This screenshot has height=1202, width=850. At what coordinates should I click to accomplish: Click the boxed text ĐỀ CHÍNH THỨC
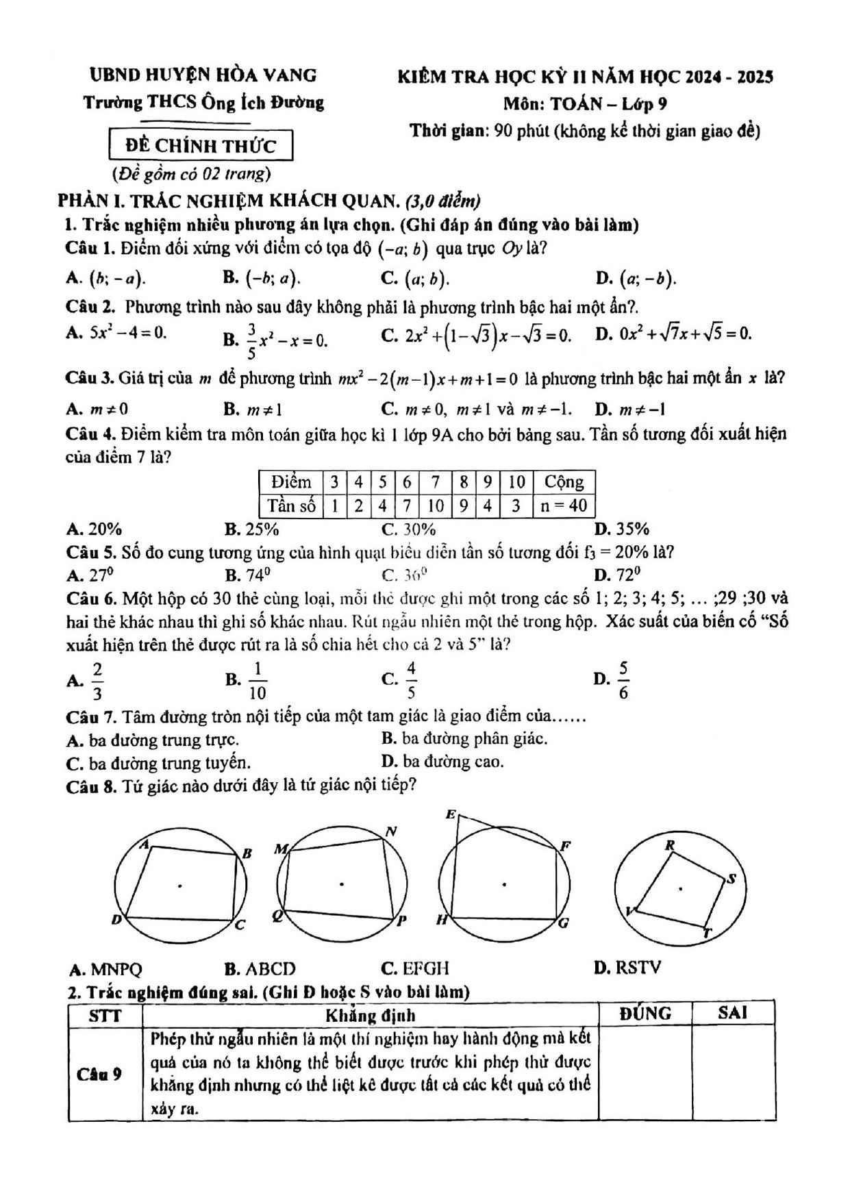coord(201,146)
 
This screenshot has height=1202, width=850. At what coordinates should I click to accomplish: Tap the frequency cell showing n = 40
coord(564,506)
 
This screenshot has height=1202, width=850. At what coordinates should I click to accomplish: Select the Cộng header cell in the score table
coord(564,482)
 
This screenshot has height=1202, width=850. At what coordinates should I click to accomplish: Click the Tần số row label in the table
coord(292,506)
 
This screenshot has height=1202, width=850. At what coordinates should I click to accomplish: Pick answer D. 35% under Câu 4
coord(622,529)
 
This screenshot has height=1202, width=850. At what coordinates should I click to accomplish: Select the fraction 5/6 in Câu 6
coord(623,680)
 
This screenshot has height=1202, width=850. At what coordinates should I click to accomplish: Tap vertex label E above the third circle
coord(450,814)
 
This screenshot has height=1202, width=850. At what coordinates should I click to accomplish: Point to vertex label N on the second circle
coord(391,831)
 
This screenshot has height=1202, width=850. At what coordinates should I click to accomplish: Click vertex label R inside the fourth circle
coord(670,845)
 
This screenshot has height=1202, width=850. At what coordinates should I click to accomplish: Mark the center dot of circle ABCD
coord(180,886)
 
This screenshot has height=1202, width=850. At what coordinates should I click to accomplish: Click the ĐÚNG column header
coord(645,1014)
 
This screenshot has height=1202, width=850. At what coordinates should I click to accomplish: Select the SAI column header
coord(732,1013)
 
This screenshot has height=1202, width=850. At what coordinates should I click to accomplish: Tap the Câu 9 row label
coord(100,1073)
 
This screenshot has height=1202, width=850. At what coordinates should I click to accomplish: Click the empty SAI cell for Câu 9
coord(733,1073)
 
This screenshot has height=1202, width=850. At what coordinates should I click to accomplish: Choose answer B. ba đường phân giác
coord(464,738)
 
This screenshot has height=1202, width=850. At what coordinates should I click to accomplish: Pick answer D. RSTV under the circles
coord(628,968)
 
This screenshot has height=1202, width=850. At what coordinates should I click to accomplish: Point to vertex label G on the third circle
coord(564,923)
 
